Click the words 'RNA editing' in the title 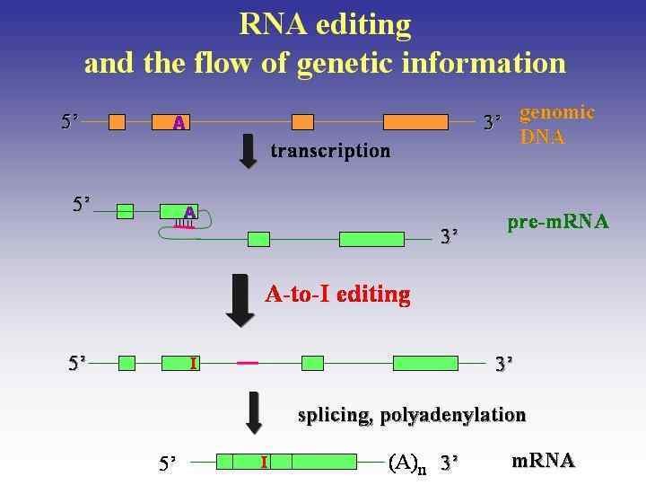(x=325, y=24)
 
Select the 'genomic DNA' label (x=556, y=125)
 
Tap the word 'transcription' (x=330, y=150)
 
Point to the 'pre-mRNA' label (x=557, y=221)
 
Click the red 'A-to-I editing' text (x=337, y=294)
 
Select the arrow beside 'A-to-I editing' (x=240, y=300)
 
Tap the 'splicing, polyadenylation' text (x=412, y=415)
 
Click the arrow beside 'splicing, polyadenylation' (x=254, y=412)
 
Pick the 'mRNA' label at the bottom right (x=543, y=461)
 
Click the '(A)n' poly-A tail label (x=407, y=463)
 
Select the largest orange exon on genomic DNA (x=415, y=122)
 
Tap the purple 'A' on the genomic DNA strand (x=179, y=122)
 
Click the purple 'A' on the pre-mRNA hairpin (x=189, y=212)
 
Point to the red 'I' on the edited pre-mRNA (x=193, y=363)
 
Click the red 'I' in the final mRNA (x=264, y=462)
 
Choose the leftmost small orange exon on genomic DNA (x=117, y=122)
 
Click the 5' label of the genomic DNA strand (x=70, y=121)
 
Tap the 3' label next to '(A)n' (x=449, y=463)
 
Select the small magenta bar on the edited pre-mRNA (x=248, y=363)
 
